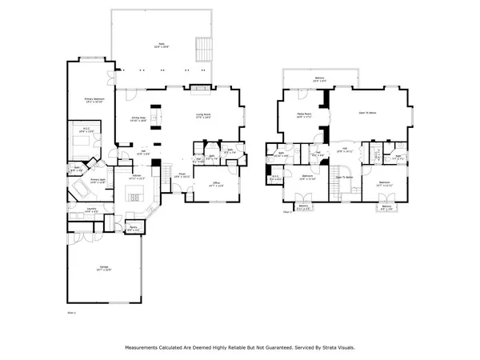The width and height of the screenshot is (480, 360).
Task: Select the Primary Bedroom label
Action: pos(94,101)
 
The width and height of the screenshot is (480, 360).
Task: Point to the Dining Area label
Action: pos(138,118)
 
